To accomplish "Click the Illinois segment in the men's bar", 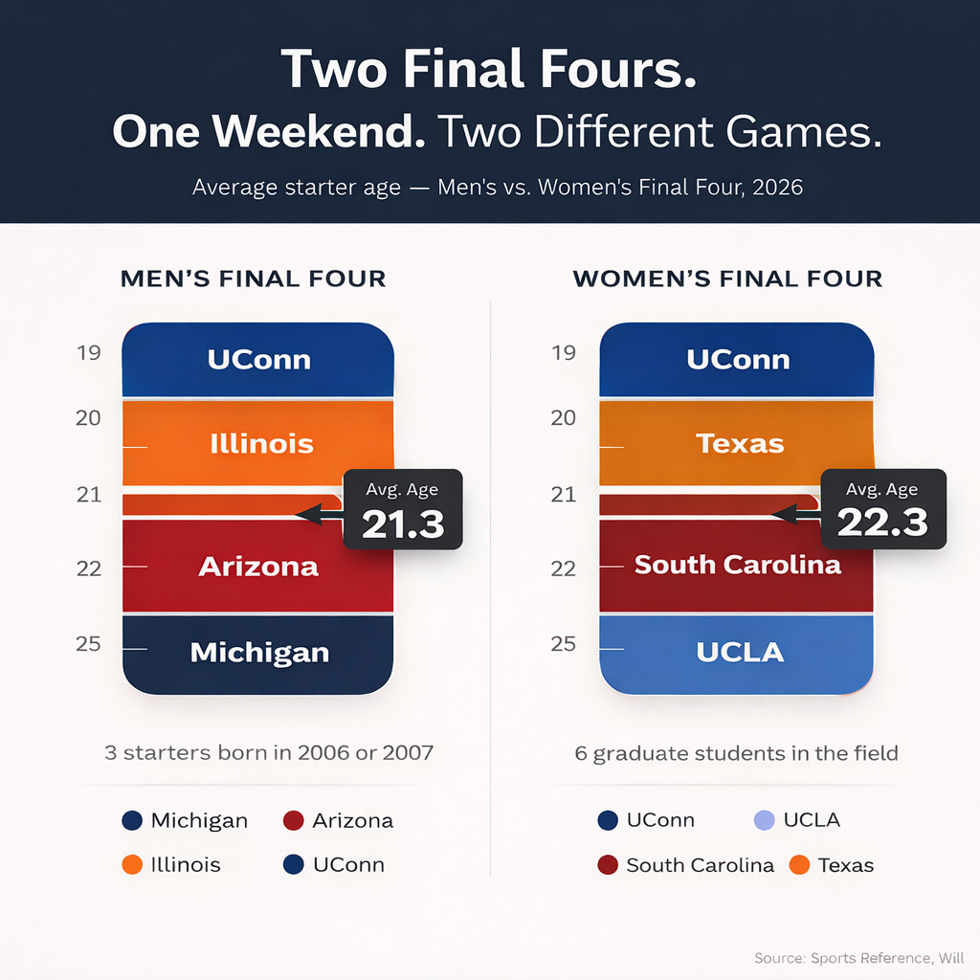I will pyautogui.click(x=258, y=444).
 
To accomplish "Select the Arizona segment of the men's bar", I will pyautogui.click(x=258, y=566).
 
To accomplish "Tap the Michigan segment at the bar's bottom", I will pyautogui.click(x=258, y=654).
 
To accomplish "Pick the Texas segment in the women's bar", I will pyautogui.click(x=737, y=444).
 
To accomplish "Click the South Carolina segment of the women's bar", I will pyautogui.click(x=737, y=565).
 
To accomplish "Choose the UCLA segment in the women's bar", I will pyautogui.click(x=737, y=653).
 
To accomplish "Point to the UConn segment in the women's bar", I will pyautogui.click(x=737, y=360).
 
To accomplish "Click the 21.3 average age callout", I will pyautogui.click(x=402, y=510).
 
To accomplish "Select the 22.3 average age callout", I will pyautogui.click(x=882, y=510).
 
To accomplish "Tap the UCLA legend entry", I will pyautogui.click(x=796, y=820).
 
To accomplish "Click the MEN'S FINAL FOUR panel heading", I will pyautogui.click(x=253, y=279).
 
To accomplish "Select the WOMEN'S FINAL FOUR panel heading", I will pyautogui.click(x=727, y=279).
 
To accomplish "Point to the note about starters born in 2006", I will pyautogui.click(x=269, y=752).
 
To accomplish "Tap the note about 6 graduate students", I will pyautogui.click(x=736, y=753).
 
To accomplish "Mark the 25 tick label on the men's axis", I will pyautogui.click(x=88, y=643).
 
